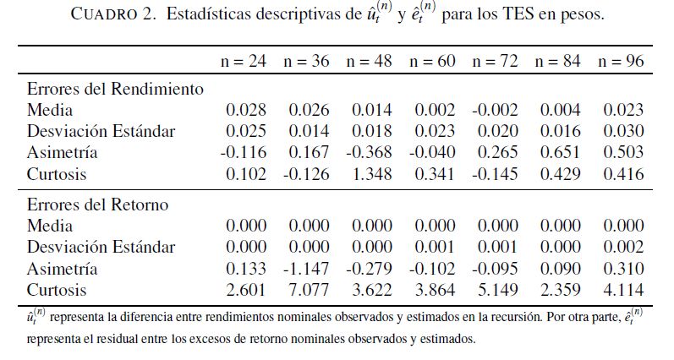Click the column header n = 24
coord(244,62)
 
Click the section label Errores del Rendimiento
coord(115,88)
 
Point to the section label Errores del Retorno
coord(97,205)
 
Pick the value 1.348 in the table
coord(372,174)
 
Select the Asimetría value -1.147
coord(307,270)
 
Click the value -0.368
coord(370,153)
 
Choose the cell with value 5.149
coord(498,291)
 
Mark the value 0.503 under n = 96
coord(623,153)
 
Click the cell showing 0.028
coord(246,110)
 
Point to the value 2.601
coord(246,291)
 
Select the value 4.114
coord(623,291)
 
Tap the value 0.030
coord(623,131)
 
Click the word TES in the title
coord(525,16)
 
